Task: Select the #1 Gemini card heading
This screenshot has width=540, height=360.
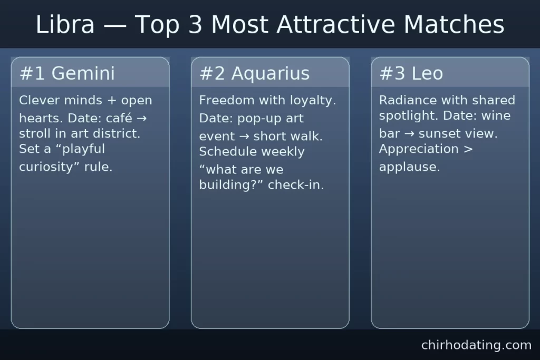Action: [x=67, y=73]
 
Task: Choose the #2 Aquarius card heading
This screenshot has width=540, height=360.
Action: [x=254, y=73]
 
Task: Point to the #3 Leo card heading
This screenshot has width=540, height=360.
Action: [x=411, y=73]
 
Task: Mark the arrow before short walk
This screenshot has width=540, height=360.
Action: [x=244, y=136]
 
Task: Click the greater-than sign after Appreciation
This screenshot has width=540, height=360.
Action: [x=468, y=149]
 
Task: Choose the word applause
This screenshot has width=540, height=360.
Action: [x=409, y=168]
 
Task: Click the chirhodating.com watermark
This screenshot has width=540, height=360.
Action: [x=476, y=345]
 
